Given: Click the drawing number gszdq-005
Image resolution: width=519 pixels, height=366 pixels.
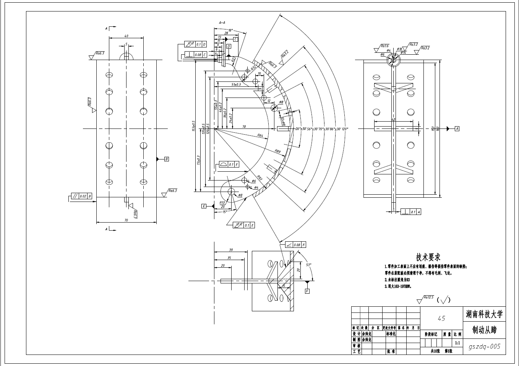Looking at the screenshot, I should [x=484, y=346].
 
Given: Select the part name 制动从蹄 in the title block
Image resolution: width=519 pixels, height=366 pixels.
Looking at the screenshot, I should [x=484, y=330].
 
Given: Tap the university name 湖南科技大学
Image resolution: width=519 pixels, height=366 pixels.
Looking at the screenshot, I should [x=484, y=315].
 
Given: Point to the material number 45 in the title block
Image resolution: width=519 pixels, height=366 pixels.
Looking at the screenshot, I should [x=441, y=318].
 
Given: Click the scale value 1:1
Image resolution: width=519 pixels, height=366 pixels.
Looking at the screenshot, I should [x=457, y=343].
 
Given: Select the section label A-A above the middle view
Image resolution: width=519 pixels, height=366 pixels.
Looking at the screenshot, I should [x=222, y=23].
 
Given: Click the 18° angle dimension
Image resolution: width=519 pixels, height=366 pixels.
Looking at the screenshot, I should [x=230, y=30].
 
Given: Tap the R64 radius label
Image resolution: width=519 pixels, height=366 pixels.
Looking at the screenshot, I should [x=260, y=135].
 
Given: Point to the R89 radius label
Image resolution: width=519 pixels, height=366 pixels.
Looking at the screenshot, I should [x=278, y=151].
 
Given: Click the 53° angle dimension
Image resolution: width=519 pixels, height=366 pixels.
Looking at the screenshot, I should [x=308, y=264].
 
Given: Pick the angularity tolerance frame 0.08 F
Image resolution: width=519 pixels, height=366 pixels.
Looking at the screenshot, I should [x=294, y=244].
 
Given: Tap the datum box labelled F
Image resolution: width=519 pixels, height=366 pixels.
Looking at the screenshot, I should [x=307, y=291].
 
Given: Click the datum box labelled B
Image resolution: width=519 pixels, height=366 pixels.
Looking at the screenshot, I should [x=166, y=159].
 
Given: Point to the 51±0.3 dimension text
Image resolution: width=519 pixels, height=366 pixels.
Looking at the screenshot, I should [x=236, y=84].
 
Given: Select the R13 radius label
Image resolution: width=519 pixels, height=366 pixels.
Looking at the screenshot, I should [x=222, y=203].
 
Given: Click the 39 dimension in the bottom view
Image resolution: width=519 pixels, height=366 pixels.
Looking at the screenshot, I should [x=231, y=250].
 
